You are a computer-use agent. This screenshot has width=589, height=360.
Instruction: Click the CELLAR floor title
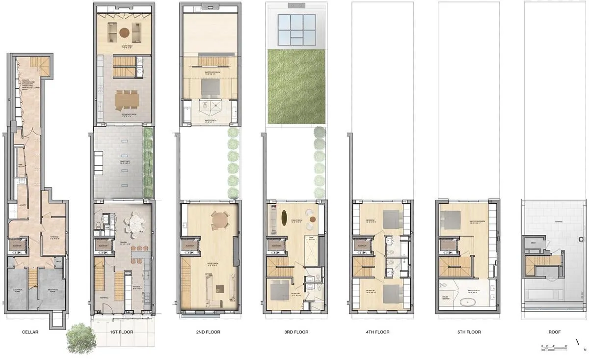coord(30,332)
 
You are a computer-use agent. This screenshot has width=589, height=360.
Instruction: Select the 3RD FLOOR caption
coord(296,332)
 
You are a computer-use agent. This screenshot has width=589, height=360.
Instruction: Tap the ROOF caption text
coord(555,332)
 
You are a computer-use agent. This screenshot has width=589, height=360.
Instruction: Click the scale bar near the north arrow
coord(554,347)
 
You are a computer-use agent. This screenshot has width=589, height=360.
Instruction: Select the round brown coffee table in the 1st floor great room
coord(125,33)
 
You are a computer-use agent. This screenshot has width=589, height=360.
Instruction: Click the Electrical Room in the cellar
coord(18,290)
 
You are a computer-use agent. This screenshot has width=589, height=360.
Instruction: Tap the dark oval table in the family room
coord(284,217)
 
